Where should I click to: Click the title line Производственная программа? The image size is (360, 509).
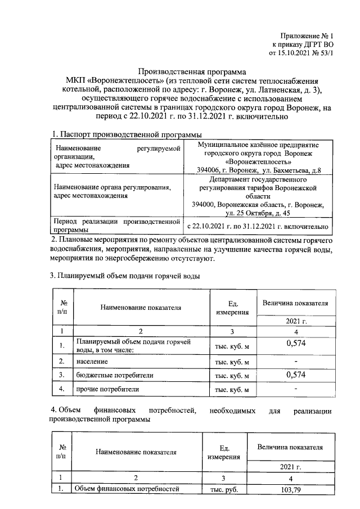click(192, 72)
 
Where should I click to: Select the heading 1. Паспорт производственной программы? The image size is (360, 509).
click(127, 134)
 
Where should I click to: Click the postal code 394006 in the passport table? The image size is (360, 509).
click(209, 170)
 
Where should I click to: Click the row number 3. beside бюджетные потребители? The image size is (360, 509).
click(63, 375)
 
